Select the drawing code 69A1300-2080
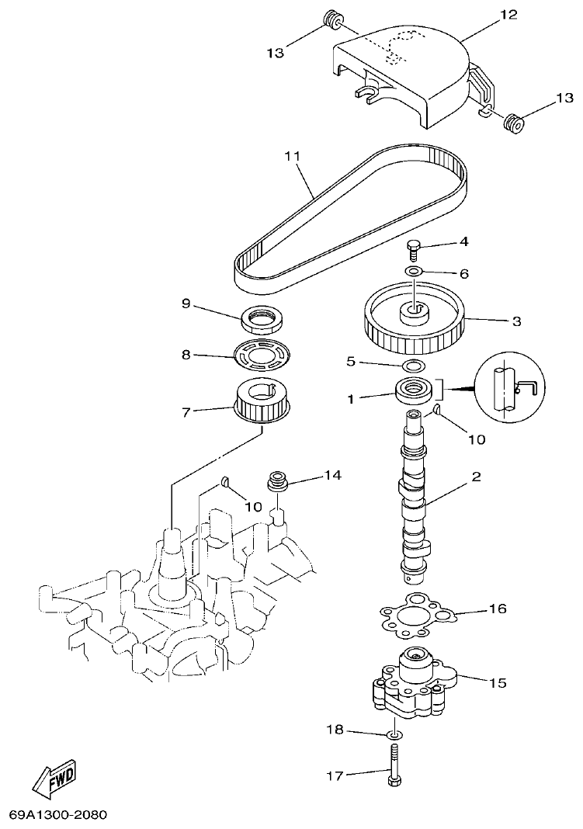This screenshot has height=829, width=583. coord(57,816)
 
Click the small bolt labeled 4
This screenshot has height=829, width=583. coord(414,248)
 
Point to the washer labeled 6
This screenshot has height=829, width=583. coord(414,272)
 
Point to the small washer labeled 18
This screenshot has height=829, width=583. coord(394,734)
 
